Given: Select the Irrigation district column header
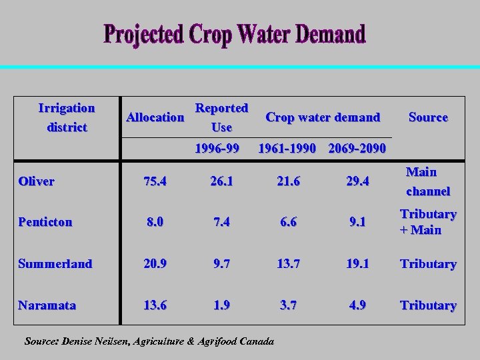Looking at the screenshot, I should click(x=67, y=117).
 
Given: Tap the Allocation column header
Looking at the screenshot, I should click(x=155, y=117).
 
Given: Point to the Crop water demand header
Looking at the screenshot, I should click(x=323, y=117).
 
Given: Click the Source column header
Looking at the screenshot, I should click(x=428, y=117).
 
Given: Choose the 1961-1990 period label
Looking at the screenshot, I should click(x=287, y=147).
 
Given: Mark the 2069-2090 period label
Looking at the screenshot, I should click(x=357, y=147).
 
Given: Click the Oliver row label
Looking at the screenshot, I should click(x=37, y=181).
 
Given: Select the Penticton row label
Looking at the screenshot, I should click(x=45, y=222).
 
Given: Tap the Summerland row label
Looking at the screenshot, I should click(x=55, y=264).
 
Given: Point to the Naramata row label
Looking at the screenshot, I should click(x=47, y=305).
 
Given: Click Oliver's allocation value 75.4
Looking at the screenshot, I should click(x=155, y=181).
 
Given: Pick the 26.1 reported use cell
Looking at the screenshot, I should click(x=220, y=181).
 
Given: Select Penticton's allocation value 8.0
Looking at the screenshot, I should click(x=155, y=222).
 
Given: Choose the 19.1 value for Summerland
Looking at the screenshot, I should click(x=355, y=264).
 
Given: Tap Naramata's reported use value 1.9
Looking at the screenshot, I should click(x=220, y=305).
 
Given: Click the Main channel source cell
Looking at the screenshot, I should click(x=427, y=181).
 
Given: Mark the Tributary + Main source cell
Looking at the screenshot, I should click(x=428, y=222).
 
